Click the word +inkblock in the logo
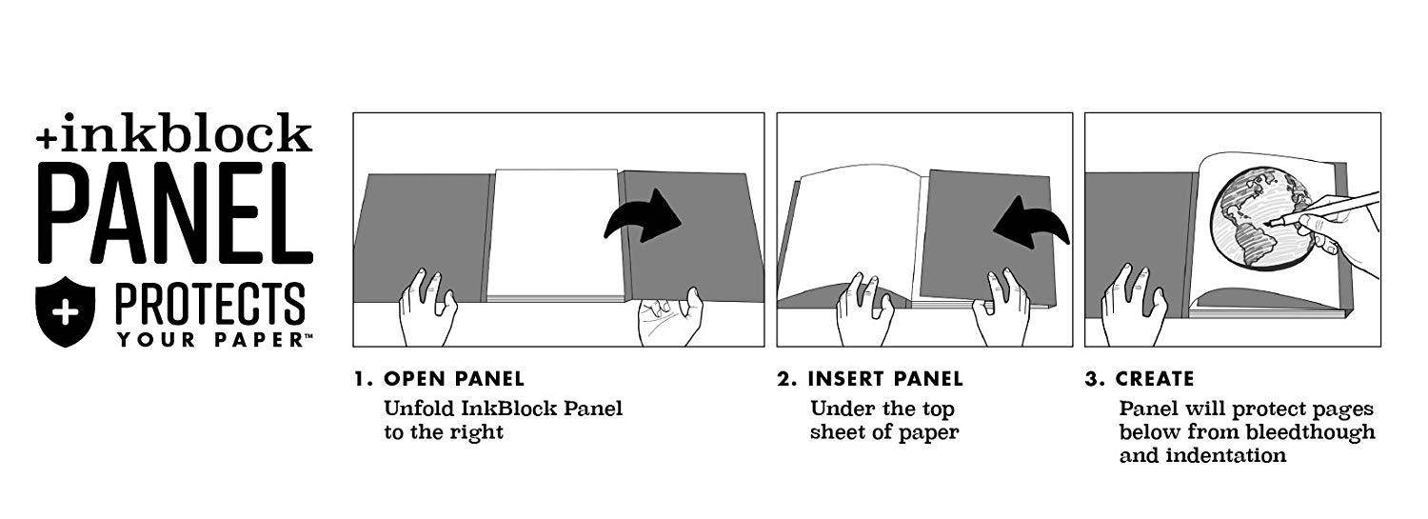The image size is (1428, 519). [x=174, y=133]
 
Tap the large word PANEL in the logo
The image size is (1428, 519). [x=175, y=212]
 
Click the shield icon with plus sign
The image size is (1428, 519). [x=65, y=311]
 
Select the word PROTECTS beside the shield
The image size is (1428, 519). [x=210, y=304]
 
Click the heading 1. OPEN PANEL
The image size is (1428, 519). [x=439, y=379]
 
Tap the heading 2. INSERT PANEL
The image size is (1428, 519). [x=869, y=379]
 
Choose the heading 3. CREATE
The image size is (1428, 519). [x=1140, y=379]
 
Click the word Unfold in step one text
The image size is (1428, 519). [x=419, y=409]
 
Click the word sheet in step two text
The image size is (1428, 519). [x=839, y=431]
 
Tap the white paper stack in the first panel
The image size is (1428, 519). [x=555, y=234]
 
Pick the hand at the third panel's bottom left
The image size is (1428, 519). [x=1134, y=305]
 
